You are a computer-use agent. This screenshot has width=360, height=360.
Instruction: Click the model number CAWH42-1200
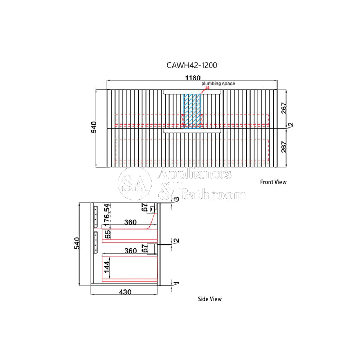point(192,65)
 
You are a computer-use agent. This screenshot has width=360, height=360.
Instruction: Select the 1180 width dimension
point(193,78)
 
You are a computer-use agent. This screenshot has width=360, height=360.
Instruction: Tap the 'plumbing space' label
point(218,84)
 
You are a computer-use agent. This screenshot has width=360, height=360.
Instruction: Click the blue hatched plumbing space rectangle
point(192,111)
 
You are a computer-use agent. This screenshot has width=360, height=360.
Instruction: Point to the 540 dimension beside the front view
point(94,127)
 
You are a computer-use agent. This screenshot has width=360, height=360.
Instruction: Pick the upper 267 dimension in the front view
point(284,108)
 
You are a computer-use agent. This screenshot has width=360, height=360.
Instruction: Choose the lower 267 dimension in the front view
point(284,147)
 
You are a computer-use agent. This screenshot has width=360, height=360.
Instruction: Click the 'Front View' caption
point(273,182)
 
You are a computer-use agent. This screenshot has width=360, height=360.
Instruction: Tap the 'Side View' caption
point(210,299)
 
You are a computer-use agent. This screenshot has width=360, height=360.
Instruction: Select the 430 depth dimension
point(125,292)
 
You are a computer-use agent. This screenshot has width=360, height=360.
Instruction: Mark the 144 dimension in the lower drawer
point(107,267)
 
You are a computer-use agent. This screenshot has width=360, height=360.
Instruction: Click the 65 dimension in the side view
point(107,235)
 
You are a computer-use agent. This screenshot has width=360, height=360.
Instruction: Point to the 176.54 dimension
point(107,213)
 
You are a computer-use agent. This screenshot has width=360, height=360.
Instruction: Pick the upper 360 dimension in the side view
point(130,222)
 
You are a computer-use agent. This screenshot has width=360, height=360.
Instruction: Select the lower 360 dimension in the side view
point(130,251)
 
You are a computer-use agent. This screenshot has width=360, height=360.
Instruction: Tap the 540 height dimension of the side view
point(77,243)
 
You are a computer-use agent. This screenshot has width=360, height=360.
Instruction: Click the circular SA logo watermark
point(135,183)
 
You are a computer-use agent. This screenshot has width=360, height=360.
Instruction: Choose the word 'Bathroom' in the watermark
point(213,194)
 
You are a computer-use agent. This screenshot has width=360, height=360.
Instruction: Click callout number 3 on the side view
point(176,199)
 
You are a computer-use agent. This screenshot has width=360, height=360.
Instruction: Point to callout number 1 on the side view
point(176,283)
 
